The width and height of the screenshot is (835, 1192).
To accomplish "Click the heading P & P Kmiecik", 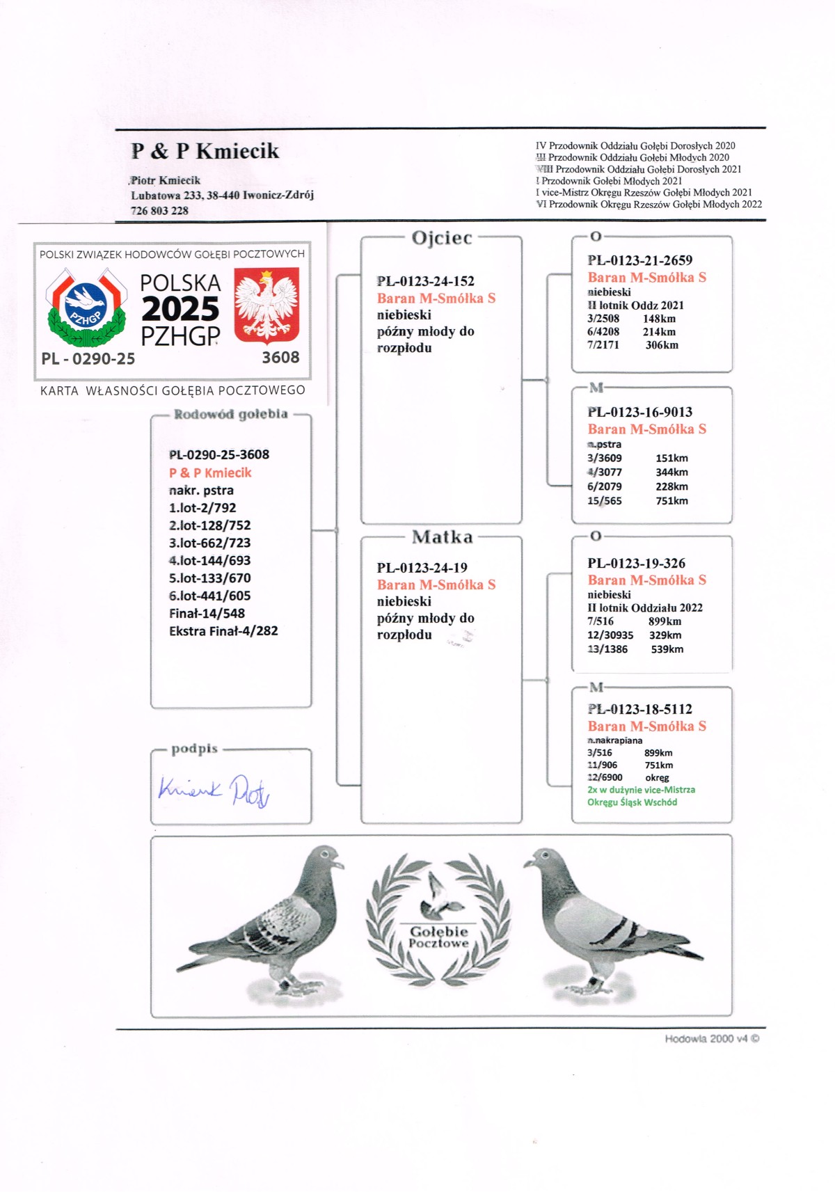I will tap(205, 151).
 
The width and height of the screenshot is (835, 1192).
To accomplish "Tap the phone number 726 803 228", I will tap(159, 211).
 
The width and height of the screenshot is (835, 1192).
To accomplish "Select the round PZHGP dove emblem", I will tap(86, 307).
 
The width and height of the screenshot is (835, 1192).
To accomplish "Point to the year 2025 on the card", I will tap(180, 309).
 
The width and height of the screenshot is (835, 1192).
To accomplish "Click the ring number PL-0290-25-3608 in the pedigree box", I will tap(218, 454).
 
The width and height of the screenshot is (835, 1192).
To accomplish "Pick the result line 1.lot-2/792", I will tap(202, 508).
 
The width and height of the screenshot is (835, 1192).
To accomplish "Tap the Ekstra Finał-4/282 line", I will tap(223, 631).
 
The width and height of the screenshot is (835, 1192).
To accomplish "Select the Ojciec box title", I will tap(442, 238).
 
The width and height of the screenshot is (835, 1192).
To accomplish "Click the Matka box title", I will tap(442, 537).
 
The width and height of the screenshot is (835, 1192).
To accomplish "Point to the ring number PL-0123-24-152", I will tap(425, 281).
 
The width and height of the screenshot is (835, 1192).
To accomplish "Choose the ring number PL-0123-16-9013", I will tap(639, 412).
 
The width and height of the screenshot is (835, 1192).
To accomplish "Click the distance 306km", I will tap(661, 345).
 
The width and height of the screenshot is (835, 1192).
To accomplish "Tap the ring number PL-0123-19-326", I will tap(636, 563).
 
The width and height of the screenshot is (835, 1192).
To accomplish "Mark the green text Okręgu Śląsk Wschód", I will tap(632, 802).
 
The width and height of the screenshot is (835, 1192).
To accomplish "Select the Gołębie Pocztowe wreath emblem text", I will tap(438, 937).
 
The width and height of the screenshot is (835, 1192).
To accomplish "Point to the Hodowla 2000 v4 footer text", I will tap(711, 1039).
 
